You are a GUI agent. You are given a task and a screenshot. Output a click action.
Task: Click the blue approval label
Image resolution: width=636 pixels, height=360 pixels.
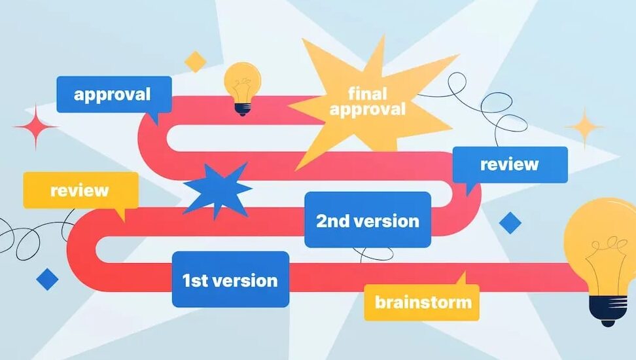click(114, 94)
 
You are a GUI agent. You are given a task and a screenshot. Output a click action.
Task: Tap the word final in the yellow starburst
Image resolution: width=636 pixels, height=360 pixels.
click(367, 94)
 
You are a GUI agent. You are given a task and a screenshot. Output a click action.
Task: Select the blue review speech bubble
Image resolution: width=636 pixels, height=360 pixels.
click(510, 165)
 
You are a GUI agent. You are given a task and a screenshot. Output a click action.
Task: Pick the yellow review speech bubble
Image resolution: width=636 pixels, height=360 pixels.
click(80, 190)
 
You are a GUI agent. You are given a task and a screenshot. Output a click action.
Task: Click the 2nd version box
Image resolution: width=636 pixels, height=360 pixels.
click(368, 219)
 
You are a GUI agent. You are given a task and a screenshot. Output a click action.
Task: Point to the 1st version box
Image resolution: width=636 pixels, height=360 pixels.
click(230, 279)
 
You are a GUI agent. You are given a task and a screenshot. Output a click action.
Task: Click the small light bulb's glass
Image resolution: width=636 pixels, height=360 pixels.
click(243, 82)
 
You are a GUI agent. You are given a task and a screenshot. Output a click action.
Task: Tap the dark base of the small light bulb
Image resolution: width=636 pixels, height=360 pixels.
click(243, 109)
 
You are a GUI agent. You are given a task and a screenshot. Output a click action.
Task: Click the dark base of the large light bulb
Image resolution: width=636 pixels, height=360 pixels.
click(608, 311)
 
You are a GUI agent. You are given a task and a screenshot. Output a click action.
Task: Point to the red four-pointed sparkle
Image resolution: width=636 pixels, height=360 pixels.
click(36, 126)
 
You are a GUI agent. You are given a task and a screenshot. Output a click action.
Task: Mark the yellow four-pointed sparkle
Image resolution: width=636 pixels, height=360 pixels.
click(584, 127)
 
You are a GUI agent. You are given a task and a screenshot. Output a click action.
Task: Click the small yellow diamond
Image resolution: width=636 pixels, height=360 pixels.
click(196, 62)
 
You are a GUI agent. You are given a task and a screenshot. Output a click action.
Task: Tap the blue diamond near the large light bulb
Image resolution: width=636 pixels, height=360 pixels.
click(510, 223)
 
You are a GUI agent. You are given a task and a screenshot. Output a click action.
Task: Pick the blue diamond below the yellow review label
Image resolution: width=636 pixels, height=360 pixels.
click(47, 279)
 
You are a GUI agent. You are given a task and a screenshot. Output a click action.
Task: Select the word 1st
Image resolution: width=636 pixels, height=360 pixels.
click(195, 280)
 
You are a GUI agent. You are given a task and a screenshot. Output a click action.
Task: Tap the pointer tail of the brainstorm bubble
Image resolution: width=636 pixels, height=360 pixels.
click(461, 279)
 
